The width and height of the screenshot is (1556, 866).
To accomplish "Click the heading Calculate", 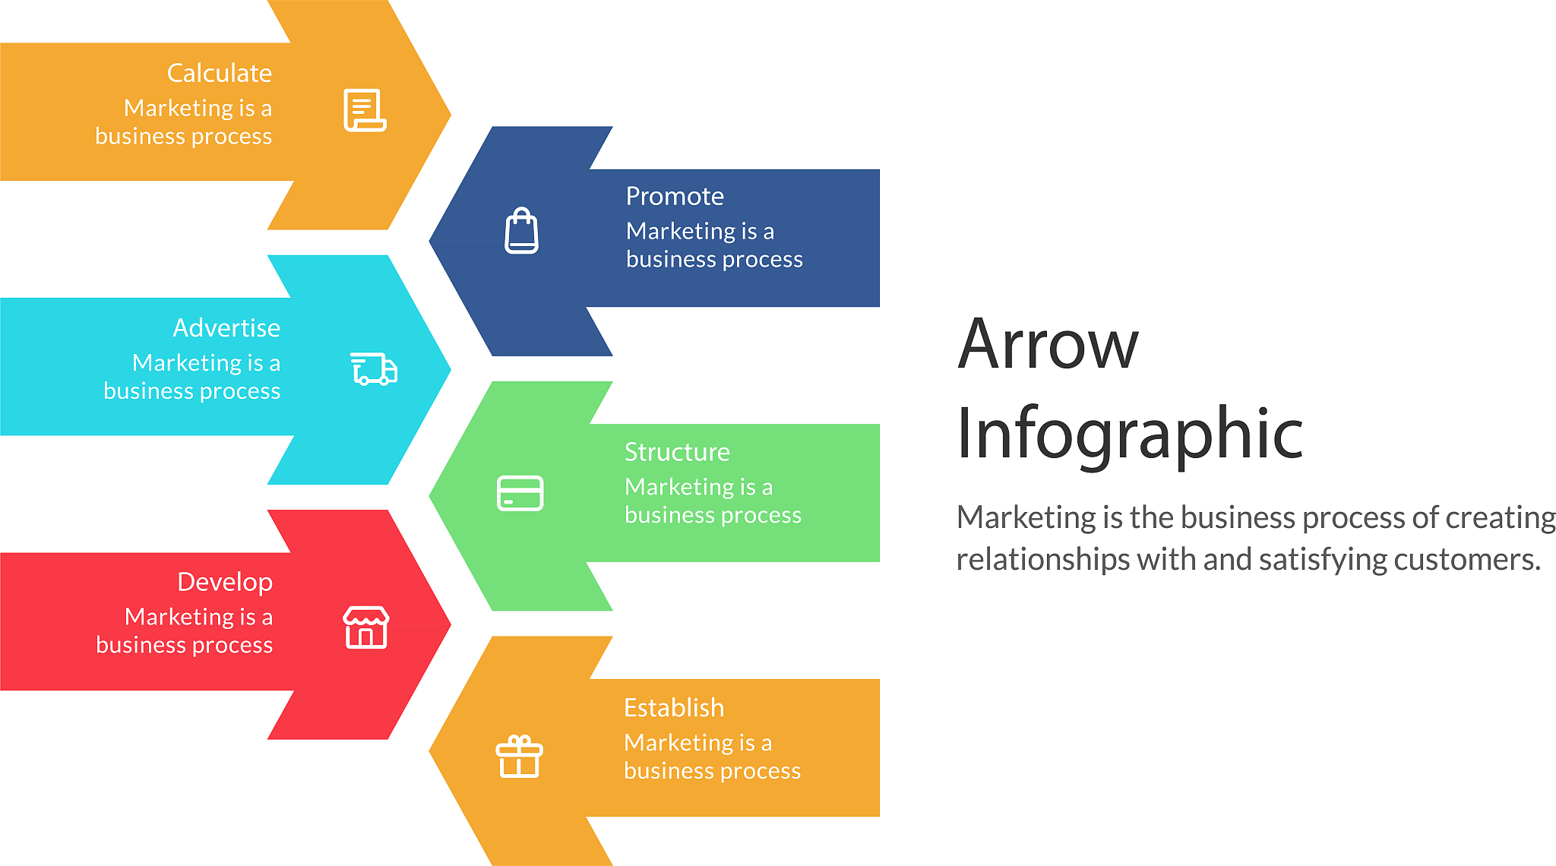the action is (x=220, y=73).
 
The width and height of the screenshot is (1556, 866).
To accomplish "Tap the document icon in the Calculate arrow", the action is (x=365, y=110).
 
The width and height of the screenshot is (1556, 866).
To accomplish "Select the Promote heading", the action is (x=675, y=196).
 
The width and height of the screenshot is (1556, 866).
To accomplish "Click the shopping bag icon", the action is (x=522, y=230).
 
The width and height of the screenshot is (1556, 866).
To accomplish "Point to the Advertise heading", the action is (x=226, y=327).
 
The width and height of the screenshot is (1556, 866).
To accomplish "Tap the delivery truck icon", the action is (x=374, y=369).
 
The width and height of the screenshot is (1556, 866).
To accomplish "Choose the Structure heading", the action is (x=677, y=452).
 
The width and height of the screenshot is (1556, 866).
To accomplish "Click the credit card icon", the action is (x=520, y=493).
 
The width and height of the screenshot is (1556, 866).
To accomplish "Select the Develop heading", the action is (x=225, y=582).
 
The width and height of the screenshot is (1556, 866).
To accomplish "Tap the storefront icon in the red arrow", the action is (x=366, y=627).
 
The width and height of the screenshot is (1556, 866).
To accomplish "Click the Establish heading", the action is (x=674, y=707).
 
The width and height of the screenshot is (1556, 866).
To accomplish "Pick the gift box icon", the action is (x=520, y=757).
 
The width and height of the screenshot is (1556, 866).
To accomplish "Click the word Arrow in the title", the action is (x=1048, y=344).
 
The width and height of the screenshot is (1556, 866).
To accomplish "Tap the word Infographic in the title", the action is (x=1130, y=433).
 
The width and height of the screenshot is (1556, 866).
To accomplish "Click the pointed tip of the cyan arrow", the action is (x=451, y=370).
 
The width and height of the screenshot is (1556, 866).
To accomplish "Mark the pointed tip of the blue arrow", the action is (x=429, y=242).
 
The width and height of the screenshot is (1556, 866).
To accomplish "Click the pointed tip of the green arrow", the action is (x=429, y=496).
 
